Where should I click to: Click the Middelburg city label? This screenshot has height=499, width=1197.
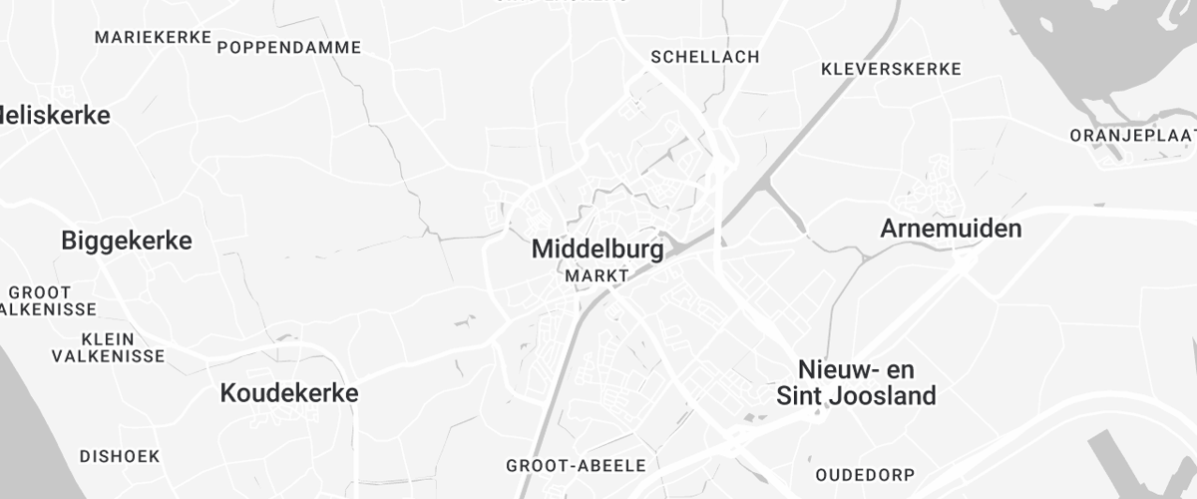click(x=598, y=249)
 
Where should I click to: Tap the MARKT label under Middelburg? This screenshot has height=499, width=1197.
click(x=597, y=274)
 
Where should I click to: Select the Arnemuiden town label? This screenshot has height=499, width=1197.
click(x=951, y=229)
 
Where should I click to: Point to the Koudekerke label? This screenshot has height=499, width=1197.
click(x=288, y=393)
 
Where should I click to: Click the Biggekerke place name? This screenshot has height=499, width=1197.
click(x=126, y=241)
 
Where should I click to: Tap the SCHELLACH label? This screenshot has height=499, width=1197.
click(x=704, y=57)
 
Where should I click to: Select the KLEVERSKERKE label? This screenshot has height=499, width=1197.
click(x=891, y=69)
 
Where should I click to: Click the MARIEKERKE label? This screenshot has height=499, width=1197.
click(x=153, y=37)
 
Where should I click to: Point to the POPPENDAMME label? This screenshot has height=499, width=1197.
click(x=288, y=47)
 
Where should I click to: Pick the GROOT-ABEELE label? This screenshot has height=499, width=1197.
click(x=576, y=465)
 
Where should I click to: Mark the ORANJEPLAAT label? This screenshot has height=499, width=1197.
click(x=1132, y=135)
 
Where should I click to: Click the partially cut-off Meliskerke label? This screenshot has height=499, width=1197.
click(x=55, y=115)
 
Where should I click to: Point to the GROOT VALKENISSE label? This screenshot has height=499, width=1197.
click(x=45, y=300)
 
